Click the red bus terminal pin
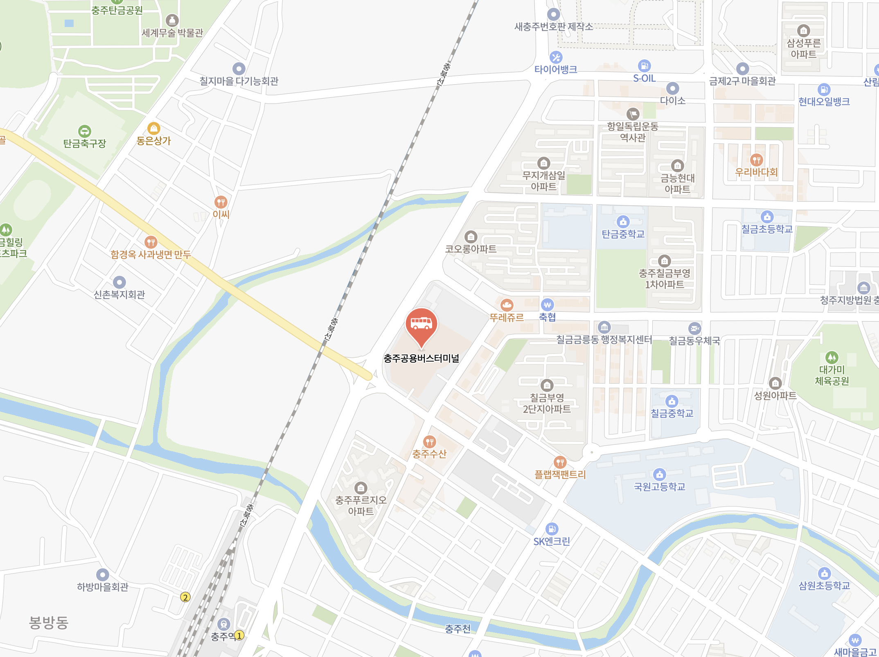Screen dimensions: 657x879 (x=421, y=324)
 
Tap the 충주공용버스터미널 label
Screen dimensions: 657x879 (x=421, y=358)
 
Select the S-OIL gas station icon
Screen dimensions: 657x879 (x=644, y=65)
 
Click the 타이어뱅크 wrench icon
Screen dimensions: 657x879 (x=556, y=57)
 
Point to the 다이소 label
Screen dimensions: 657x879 (x=672, y=101)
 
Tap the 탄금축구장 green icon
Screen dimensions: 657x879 (x=84, y=131)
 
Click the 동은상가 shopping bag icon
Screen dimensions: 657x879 (x=153, y=128)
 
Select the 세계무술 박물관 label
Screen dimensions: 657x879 (x=172, y=33)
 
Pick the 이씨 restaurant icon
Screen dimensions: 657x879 (x=221, y=202)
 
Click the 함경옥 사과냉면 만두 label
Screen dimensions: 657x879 (x=151, y=254)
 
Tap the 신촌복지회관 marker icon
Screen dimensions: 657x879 (x=119, y=282)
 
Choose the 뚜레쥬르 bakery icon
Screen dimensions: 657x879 (x=507, y=305)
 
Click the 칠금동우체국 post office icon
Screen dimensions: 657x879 (x=694, y=328)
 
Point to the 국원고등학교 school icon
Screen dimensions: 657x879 (x=659, y=475)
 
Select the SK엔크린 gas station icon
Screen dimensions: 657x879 (x=552, y=529)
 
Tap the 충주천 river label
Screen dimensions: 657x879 (x=458, y=628)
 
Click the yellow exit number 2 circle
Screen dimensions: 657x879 (x=185, y=597)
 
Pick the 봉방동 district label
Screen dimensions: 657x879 (x=48, y=623)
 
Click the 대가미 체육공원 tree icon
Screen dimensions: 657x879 (x=832, y=358)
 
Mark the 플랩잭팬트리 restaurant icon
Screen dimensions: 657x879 (x=560, y=462)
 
